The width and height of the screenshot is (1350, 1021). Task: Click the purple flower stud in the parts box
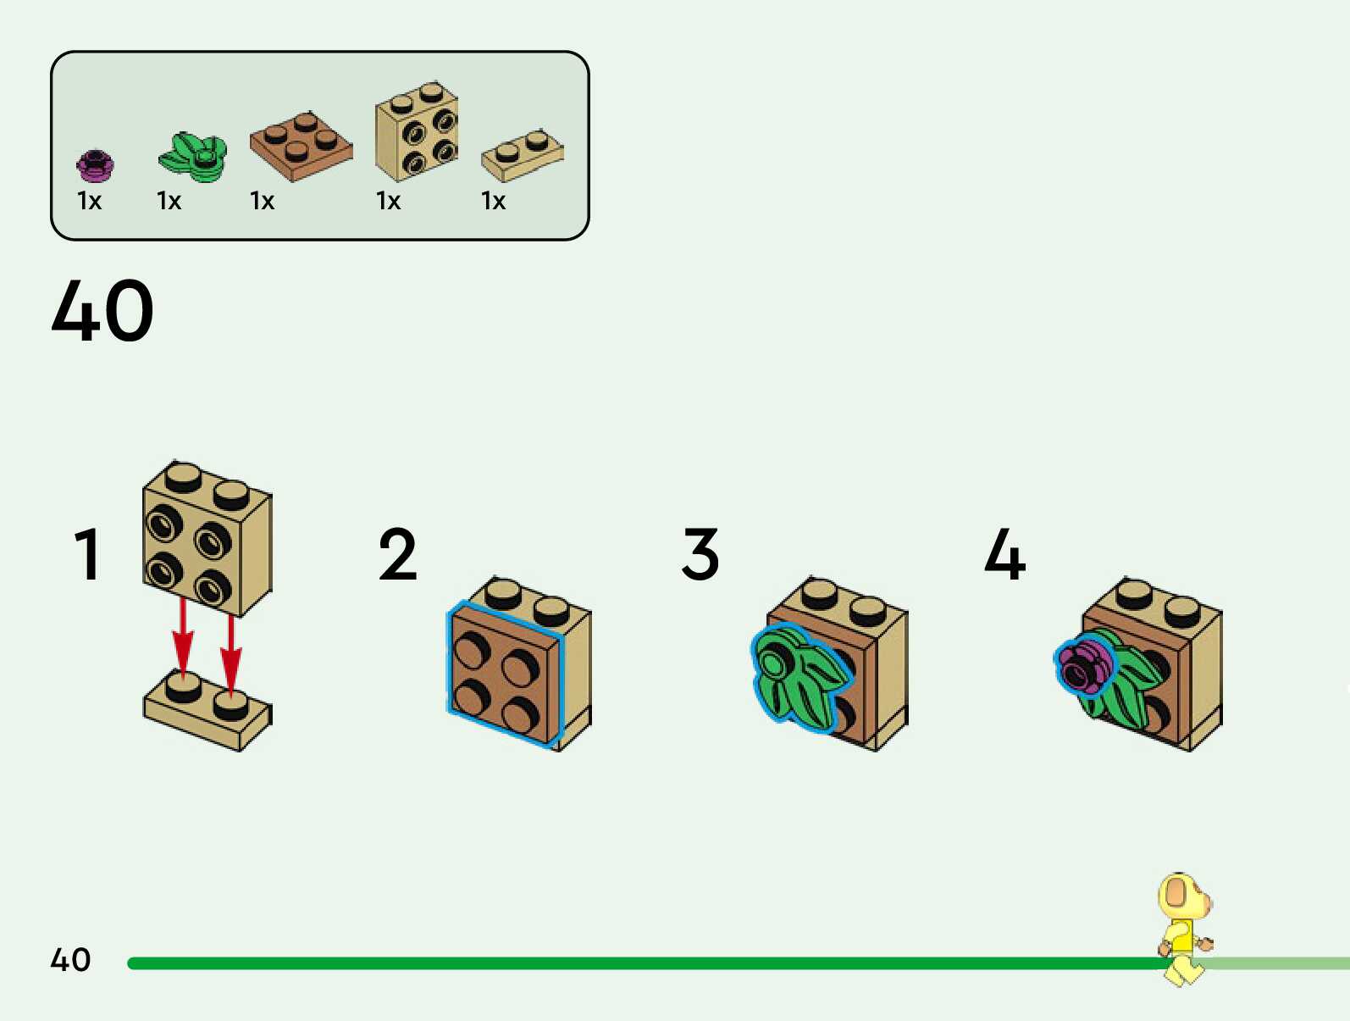pyautogui.click(x=95, y=165)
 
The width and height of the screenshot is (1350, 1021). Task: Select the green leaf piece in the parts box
pyautogui.click(x=193, y=157)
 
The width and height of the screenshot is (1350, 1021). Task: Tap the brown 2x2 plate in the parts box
pyautogui.click(x=301, y=146)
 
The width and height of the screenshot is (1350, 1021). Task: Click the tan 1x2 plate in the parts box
pyautogui.click(x=522, y=155)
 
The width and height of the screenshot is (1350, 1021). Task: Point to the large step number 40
pyautogui.click(x=102, y=311)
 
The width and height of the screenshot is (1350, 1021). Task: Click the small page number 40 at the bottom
pyautogui.click(x=70, y=960)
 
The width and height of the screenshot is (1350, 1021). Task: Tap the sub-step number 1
pyautogui.click(x=88, y=555)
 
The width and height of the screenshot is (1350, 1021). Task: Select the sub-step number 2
pyautogui.click(x=397, y=555)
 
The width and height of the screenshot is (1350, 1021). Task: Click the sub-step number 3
pyautogui.click(x=700, y=555)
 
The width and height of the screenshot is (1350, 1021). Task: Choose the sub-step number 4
pyautogui.click(x=1004, y=555)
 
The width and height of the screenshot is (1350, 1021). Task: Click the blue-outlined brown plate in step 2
pyautogui.click(x=502, y=674)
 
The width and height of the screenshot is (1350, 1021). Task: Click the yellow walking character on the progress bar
pyautogui.click(x=1184, y=929)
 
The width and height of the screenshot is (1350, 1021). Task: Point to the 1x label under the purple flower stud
pyautogui.click(x=89, y=201)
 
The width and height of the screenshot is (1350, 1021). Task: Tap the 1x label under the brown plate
pyautogui.click(x=262, y=201)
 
